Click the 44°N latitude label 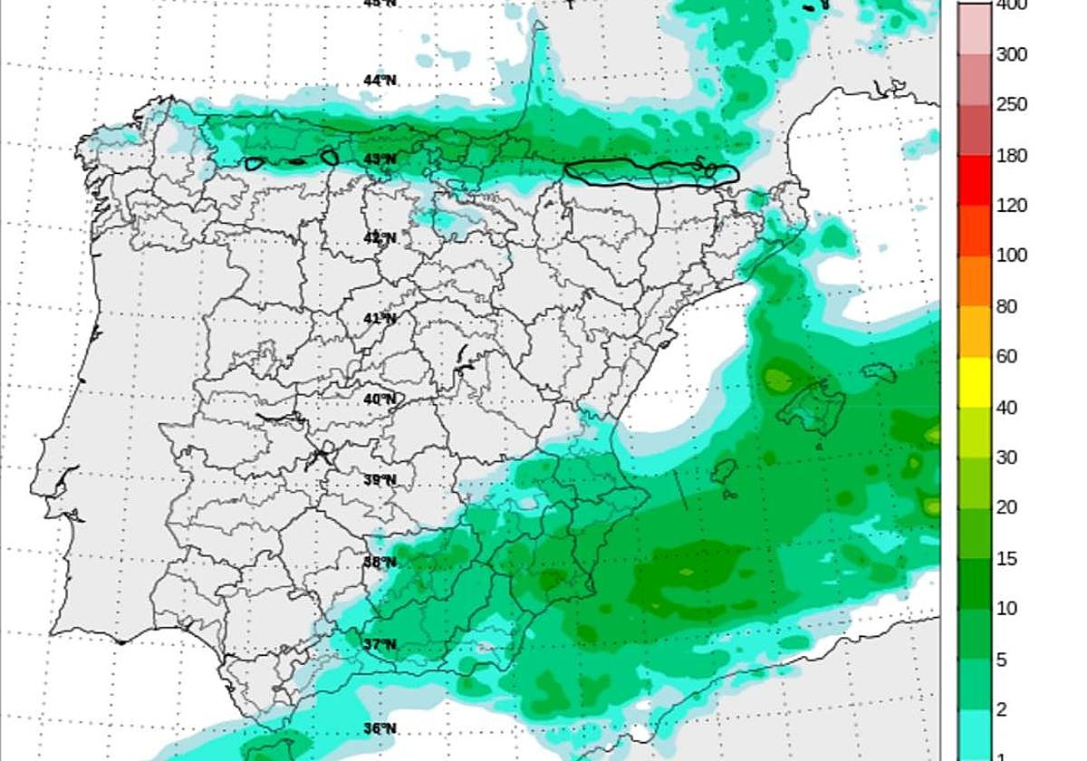pyautogui.click(x=380, y=81)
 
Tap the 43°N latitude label pyautogui.click(x=380, y=159)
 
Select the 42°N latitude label pyautogui.click(x=380, y=238)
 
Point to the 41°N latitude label pyautogui.click(x=380, y=318)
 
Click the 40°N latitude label pyautogui.click(x=380, y=400)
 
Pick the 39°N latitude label pyautogui.click(x=380, y=480)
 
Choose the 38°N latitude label pyautogui.click(x=380, y=563)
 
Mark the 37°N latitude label pyautogui.click(x=380, y=645)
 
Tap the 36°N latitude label pyautogui.click(x=380, y=728)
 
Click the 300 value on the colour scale pyautogui.click(x=1011, y=55)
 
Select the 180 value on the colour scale pyautogui.click(x=1011, y=156)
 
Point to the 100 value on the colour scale pyautogui.click(x=1011, y=255)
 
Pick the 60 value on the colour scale pyautogui.click(x=1006, y=356)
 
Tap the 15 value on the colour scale pyautogui.click(x=1006, y=559)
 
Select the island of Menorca pyautogui.click(x=879, y=372)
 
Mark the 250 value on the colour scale pyautogui.click(x=1011, y=105)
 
